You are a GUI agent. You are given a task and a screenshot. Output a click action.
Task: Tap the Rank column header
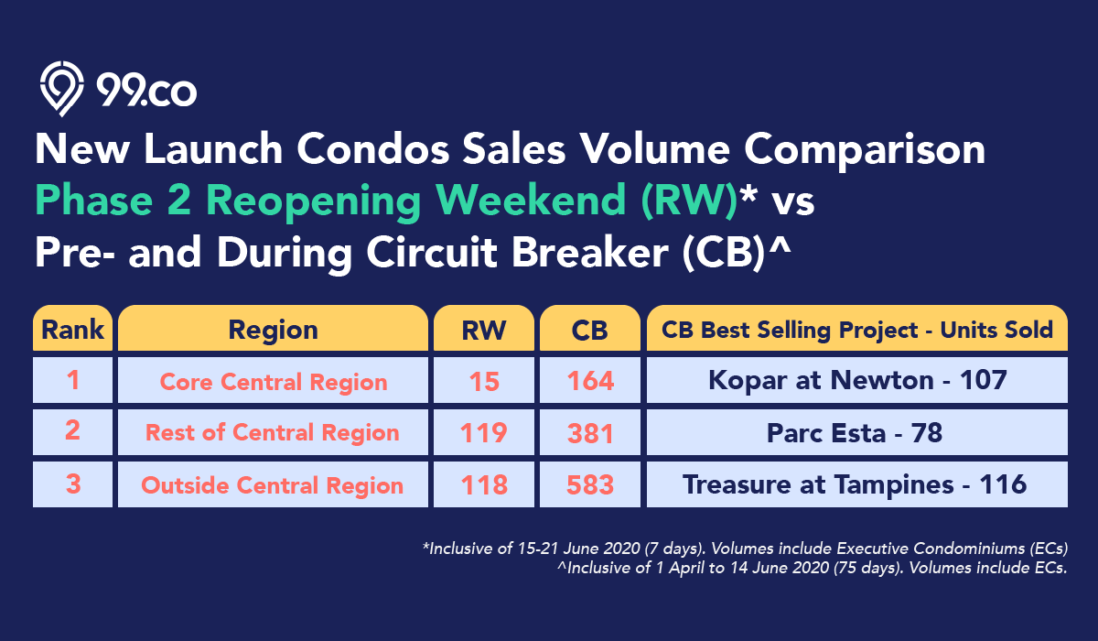tap(72, 328)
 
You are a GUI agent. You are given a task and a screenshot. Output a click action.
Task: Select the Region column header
tap(273, 328)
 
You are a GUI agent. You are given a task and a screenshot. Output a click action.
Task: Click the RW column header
tap(484, 328)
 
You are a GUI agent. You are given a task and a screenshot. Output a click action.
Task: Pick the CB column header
tap(590, 328)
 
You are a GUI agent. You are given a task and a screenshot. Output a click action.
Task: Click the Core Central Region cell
tap(273, 380)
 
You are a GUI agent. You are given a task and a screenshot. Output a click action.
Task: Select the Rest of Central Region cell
tap(273, 432)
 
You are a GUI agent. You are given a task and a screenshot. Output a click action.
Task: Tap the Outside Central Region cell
tap(273, 484)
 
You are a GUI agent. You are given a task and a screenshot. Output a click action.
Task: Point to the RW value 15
tap(484, 380)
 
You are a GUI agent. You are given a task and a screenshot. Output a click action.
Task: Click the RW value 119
tap(484, 432)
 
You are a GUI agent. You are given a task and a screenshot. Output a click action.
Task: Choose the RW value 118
tap(484, 484)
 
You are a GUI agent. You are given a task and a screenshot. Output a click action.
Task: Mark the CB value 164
tap(590, 380)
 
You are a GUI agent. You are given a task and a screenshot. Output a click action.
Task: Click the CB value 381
tap(590, 432)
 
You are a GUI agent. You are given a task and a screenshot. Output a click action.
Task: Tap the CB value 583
tap(590, 484)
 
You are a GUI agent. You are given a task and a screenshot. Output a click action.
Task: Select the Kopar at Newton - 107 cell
tap(857, 380)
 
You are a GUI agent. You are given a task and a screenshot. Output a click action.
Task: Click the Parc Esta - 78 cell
tap(857, 432)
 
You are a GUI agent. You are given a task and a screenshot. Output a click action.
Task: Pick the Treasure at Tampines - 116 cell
tap(857, 484)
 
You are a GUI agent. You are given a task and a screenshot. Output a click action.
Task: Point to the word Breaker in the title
tap(589, 252)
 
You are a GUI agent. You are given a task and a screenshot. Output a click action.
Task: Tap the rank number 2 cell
tap(72, 432)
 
